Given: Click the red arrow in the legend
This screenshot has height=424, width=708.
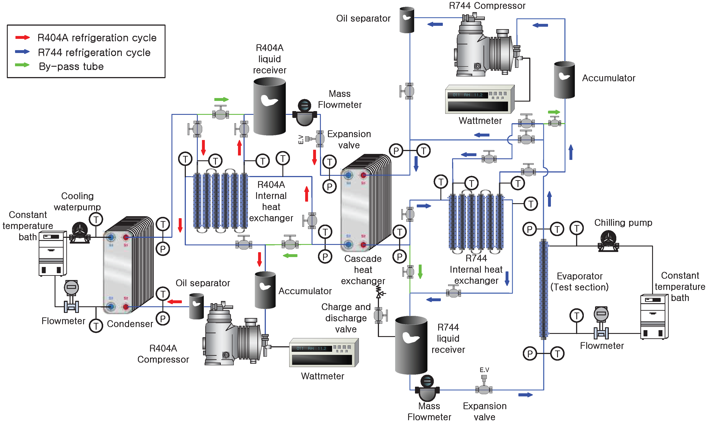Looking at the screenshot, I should [x=22, y=37].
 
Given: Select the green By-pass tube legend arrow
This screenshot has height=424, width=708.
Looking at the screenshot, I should [x=22, y=65].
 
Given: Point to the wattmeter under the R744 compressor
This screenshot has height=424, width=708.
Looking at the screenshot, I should [x=479, y=99].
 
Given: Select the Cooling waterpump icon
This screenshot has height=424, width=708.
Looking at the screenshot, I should [x=80, y=233].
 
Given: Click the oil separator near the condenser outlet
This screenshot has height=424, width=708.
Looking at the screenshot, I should [x=196, y=306].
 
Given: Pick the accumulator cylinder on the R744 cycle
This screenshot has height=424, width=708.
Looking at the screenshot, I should [x=564, y=80].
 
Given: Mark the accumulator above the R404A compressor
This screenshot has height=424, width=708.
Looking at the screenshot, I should [x=265, y=290].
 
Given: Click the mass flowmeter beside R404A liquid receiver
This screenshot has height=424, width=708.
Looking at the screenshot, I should [x=305, y=112].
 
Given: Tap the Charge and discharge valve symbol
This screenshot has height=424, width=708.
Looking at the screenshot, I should [x=379, y=314].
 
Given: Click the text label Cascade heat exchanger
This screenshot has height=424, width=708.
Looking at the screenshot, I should [x=363, y=269].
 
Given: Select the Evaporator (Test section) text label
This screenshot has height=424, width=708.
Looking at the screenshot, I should [x=579, y=281].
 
